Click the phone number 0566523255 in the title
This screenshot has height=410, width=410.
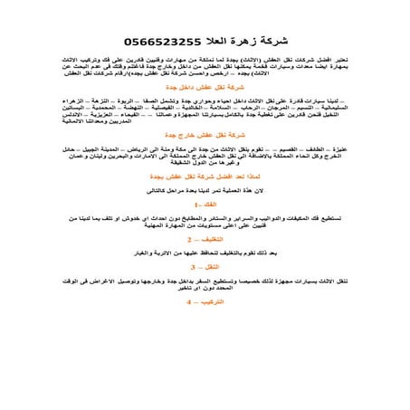[159, 40]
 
